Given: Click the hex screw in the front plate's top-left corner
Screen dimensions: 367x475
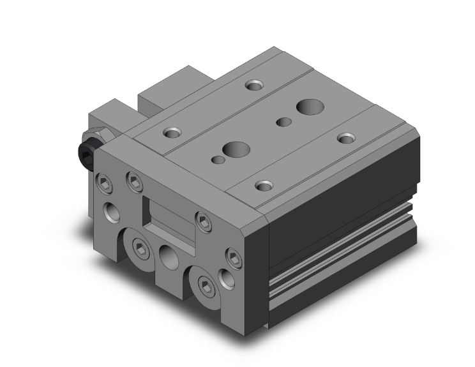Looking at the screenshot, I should point(105,184).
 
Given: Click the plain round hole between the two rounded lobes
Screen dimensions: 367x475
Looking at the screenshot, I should point(170,259).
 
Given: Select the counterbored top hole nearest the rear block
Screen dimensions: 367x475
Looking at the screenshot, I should point(254,85).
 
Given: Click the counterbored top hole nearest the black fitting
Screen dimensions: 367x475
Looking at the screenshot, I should point(172,133).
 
